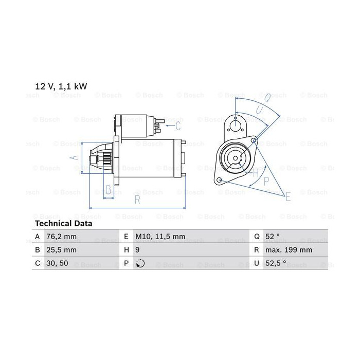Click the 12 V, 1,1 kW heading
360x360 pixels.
(61, 86)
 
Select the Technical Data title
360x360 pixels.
(64, 223)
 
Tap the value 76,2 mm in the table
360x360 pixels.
(61, 236)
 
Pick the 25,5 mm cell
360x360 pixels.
(61, 250)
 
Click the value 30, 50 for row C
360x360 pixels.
(57, 263)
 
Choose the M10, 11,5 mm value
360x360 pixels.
(160, 236)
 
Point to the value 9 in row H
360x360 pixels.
(137, 250)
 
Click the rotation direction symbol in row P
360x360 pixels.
(140, 263)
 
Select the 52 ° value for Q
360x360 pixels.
(273, 236)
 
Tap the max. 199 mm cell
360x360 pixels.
(289, 250)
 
